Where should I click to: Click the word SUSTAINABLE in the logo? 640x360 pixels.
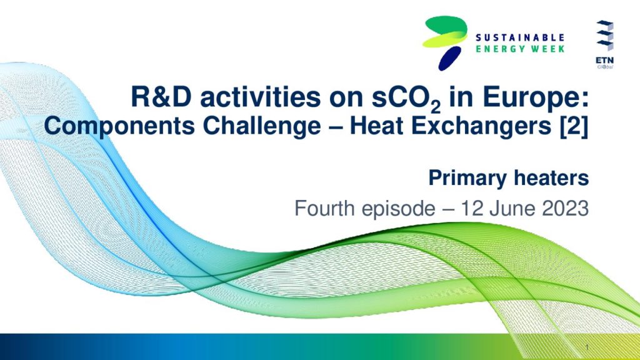[520, 37]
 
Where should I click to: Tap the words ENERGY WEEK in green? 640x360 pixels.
[520, 49]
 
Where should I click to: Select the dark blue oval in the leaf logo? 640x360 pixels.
[450, 58]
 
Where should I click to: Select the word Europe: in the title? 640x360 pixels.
[536, 99]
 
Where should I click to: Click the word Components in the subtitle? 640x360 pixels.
[119, 126]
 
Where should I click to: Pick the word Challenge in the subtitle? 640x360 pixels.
[262, 126]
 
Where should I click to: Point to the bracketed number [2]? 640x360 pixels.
[574, 127]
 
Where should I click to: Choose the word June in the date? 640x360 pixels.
[511, 209]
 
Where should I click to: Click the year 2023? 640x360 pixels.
[565, 209]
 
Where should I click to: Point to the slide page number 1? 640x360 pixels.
[587, 347]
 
